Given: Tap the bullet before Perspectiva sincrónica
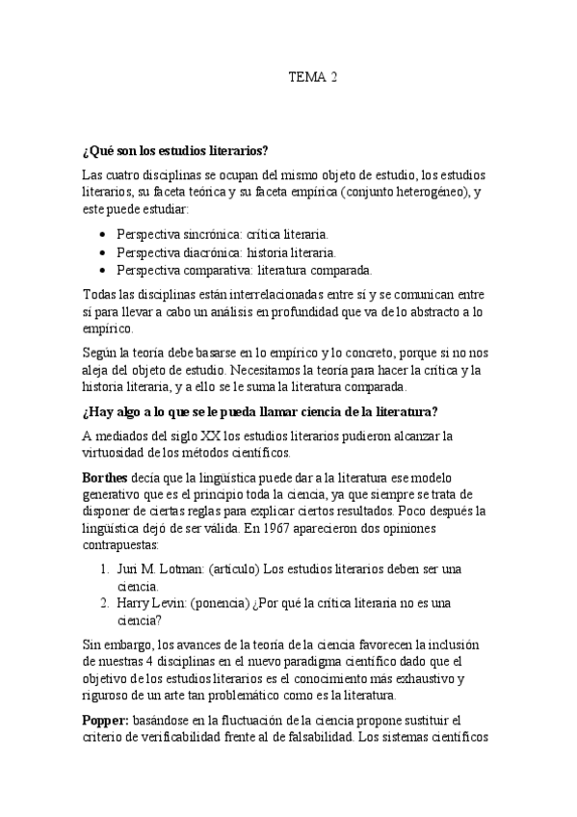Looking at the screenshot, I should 103,234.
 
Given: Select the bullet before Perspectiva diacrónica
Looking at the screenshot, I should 103,251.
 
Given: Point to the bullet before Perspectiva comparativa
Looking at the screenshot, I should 103,270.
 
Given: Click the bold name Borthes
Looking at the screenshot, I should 105,477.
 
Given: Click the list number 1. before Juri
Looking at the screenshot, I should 105,567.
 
